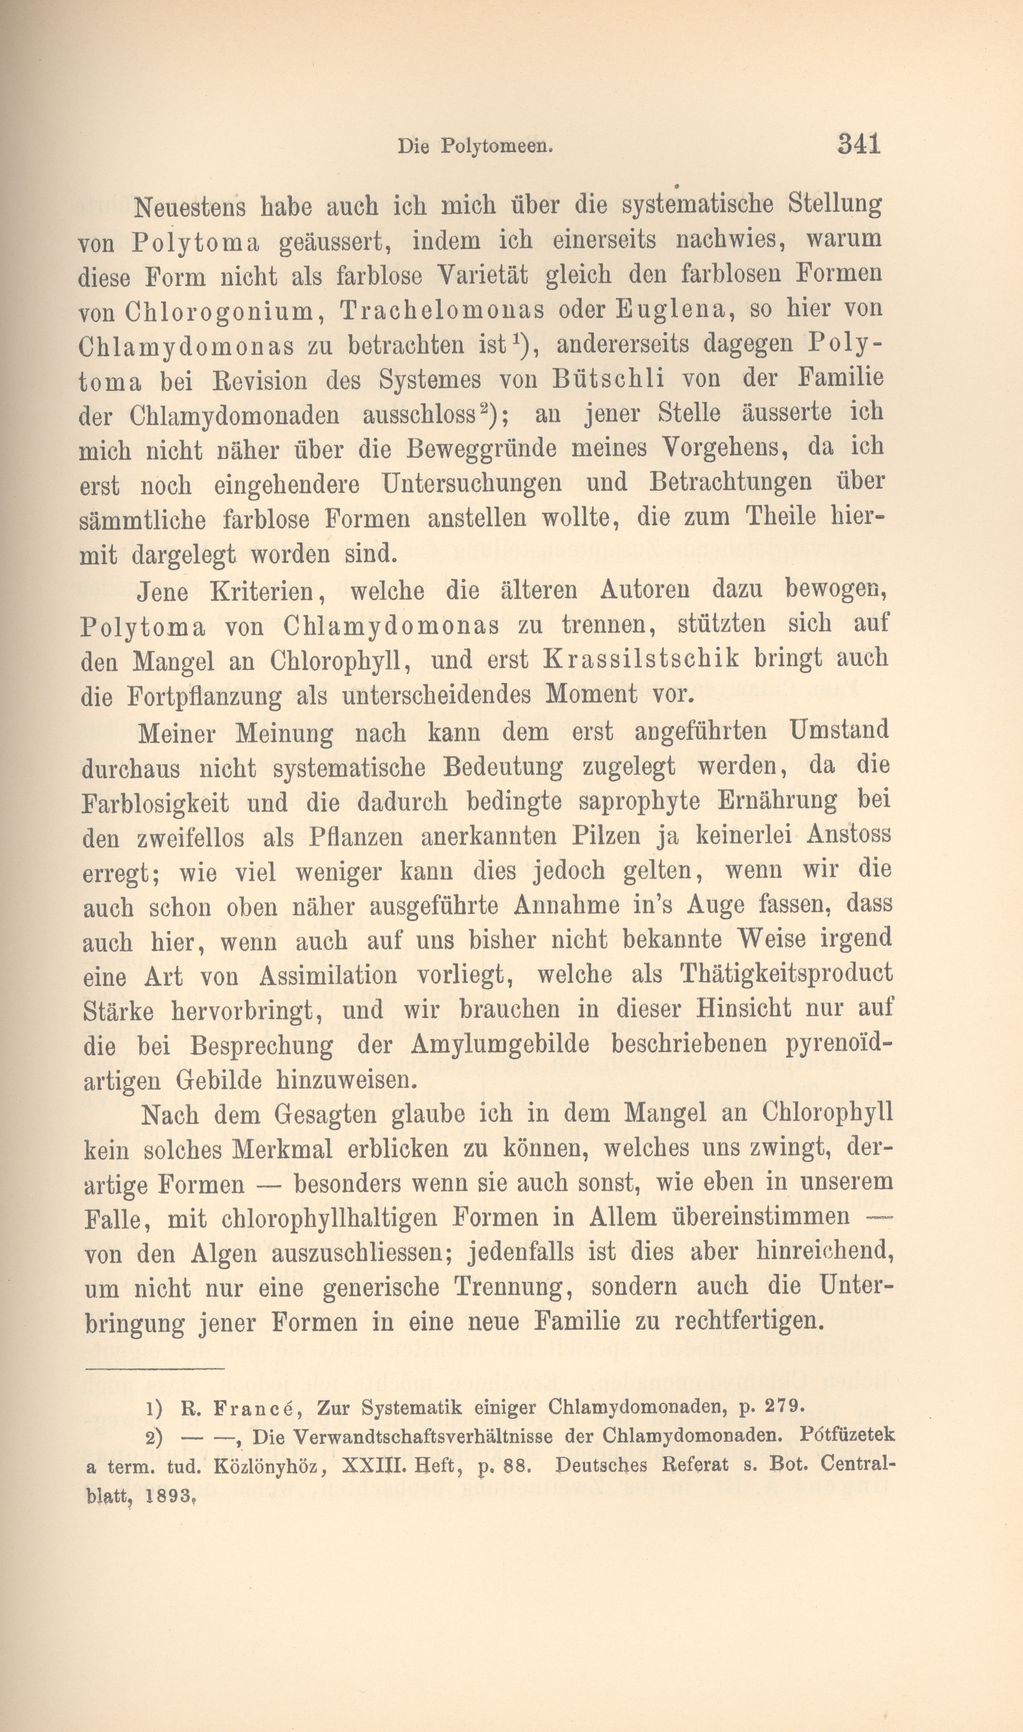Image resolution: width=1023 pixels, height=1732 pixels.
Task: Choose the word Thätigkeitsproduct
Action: [786, 973]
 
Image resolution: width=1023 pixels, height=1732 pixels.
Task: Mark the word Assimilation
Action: [328, 975]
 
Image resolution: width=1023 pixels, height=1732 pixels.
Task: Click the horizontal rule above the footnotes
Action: [154, 1367]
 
